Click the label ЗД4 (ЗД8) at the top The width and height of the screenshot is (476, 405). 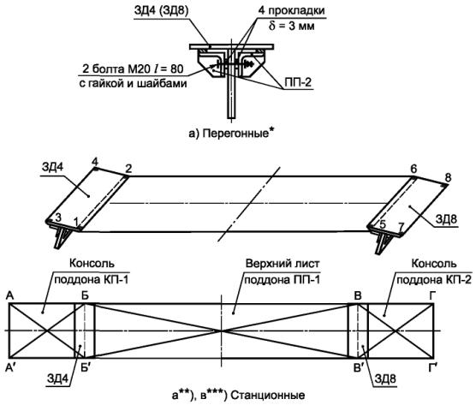pyautogui.click(x=161, y=10)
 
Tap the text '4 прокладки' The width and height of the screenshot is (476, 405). pyautogui.click(x=291, y=10)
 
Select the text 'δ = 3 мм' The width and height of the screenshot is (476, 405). pyautogui.click(x=291, y=26)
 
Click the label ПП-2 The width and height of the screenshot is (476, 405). pyautogui.click(x=298, y=82)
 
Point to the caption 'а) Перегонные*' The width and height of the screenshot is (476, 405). pyautogui.click(x=229, y=133)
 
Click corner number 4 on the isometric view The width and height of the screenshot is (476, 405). pyautogui.click(x=95, y=162)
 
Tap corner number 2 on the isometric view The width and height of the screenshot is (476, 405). pyautogui.click(x=128, y=169)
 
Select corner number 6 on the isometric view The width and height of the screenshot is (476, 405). pyautogui.click(x=414, y=169)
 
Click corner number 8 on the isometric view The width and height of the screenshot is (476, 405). pyautogui.click(x=448, y=177)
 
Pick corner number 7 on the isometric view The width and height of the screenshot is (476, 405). pyautogui.click(x=402, y=226)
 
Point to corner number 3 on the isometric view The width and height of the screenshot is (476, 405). pyautogui.click(x=58, y=217)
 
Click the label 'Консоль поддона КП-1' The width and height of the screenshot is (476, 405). pyautogui.click(x=92, y=271)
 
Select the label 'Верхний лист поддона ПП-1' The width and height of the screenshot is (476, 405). pyautogui.click(x=282, y=271)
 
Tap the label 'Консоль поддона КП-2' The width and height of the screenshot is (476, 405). pyautogui.click(x=434, y=271)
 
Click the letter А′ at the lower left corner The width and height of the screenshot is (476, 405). pyautogui.click(x=11, y=368)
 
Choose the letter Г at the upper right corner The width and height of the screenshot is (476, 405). pyautogui.click(x=431, y=296)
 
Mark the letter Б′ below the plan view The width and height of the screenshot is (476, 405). pyautogui.click(x=85, y=368)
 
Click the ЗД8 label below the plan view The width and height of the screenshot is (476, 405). pyautogui.click(x=385, y=379)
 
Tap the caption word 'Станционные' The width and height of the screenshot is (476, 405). pyautogui.click(x=268, y=396)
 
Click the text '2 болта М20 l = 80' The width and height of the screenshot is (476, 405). pyautogui.click(x=133, y=68)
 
